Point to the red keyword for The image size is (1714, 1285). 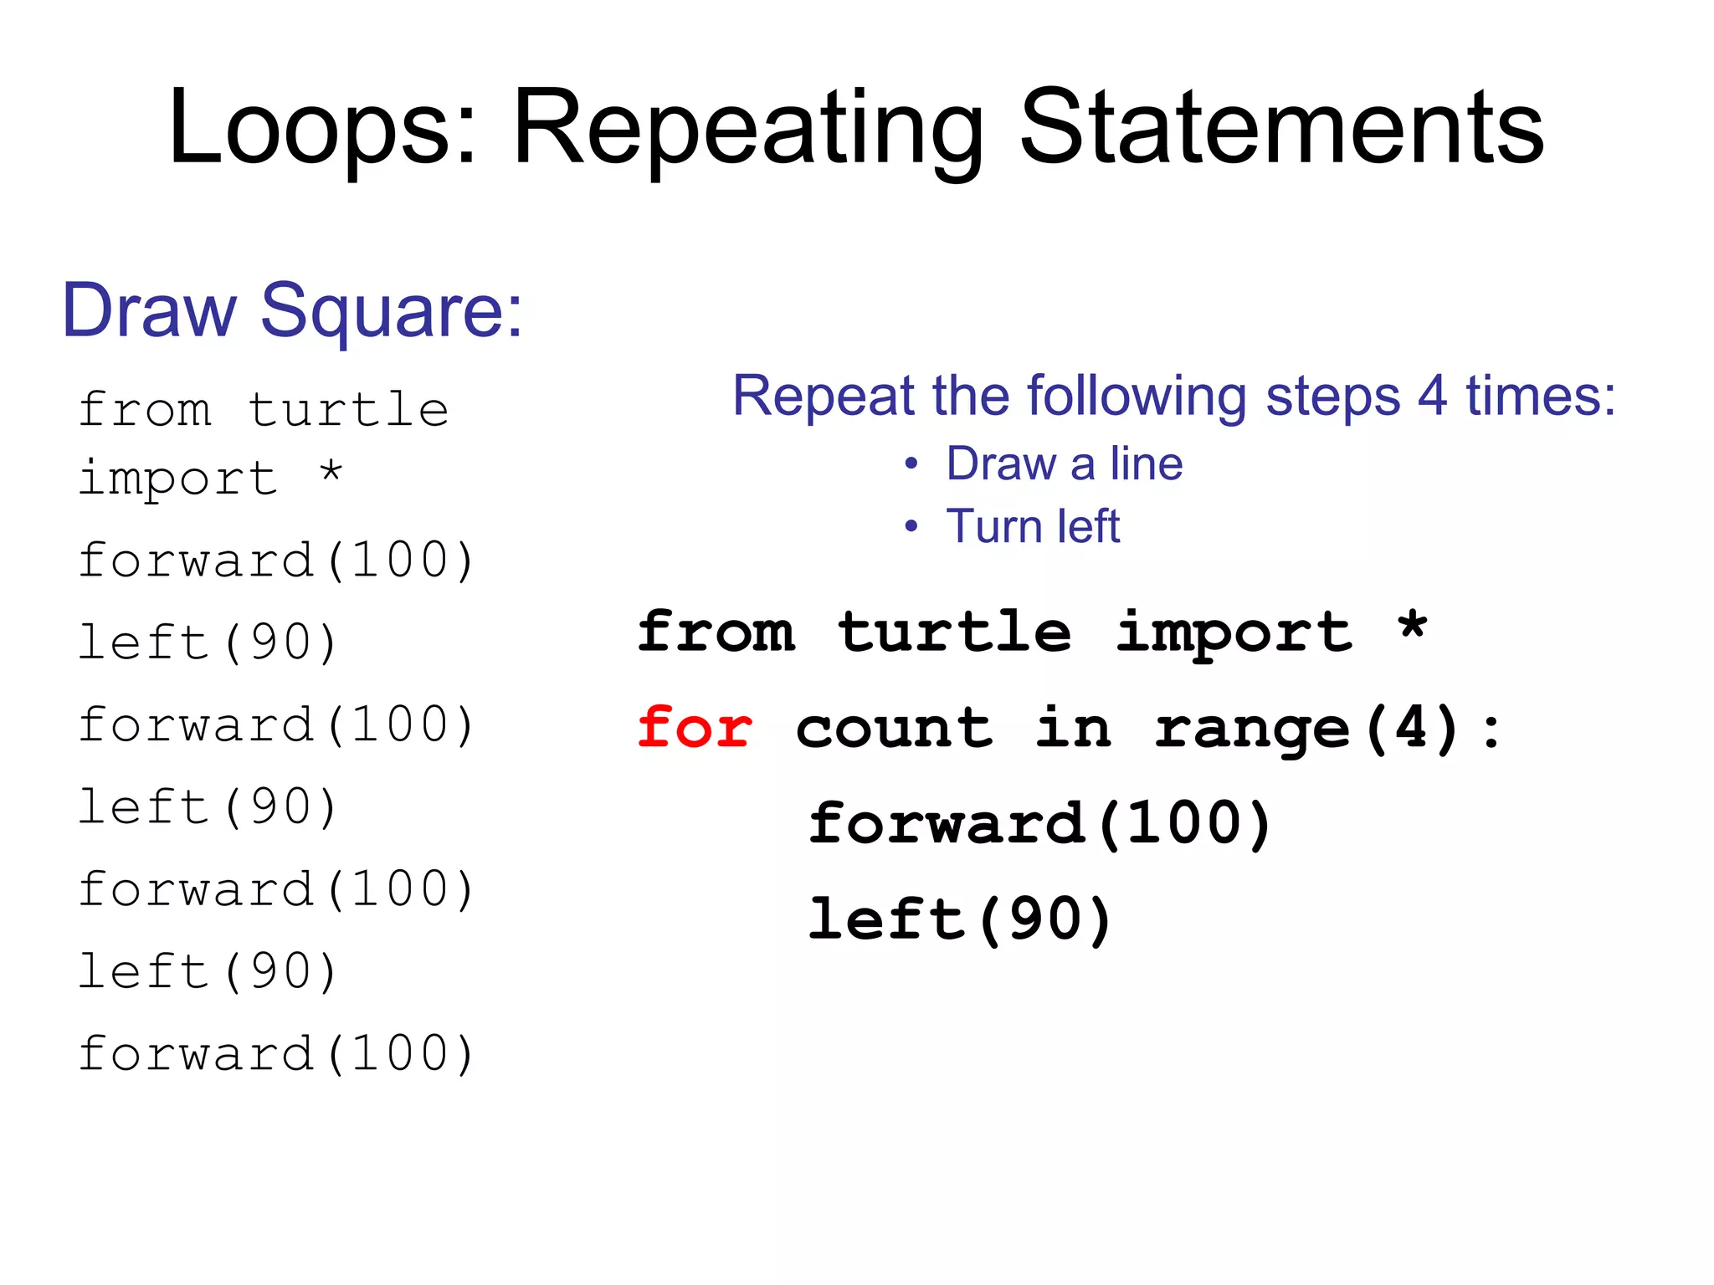tap(695, 728)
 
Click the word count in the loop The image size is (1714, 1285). tap(894, 728)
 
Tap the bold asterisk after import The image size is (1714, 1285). tap(1413, 627)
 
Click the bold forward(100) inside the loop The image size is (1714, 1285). tap(1040, 824)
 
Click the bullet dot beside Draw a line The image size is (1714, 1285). tap(911, 464)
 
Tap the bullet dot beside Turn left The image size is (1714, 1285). tap(911, 527)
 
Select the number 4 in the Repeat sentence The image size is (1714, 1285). tap(1432, 396)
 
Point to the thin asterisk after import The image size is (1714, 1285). tap(331, 472)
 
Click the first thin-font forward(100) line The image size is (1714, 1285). tap(276, 560)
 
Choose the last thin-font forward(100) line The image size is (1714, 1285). tap(276, 1053)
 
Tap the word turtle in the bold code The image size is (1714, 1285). tap(954, 632)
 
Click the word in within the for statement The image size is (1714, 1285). tap(1074, 728)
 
